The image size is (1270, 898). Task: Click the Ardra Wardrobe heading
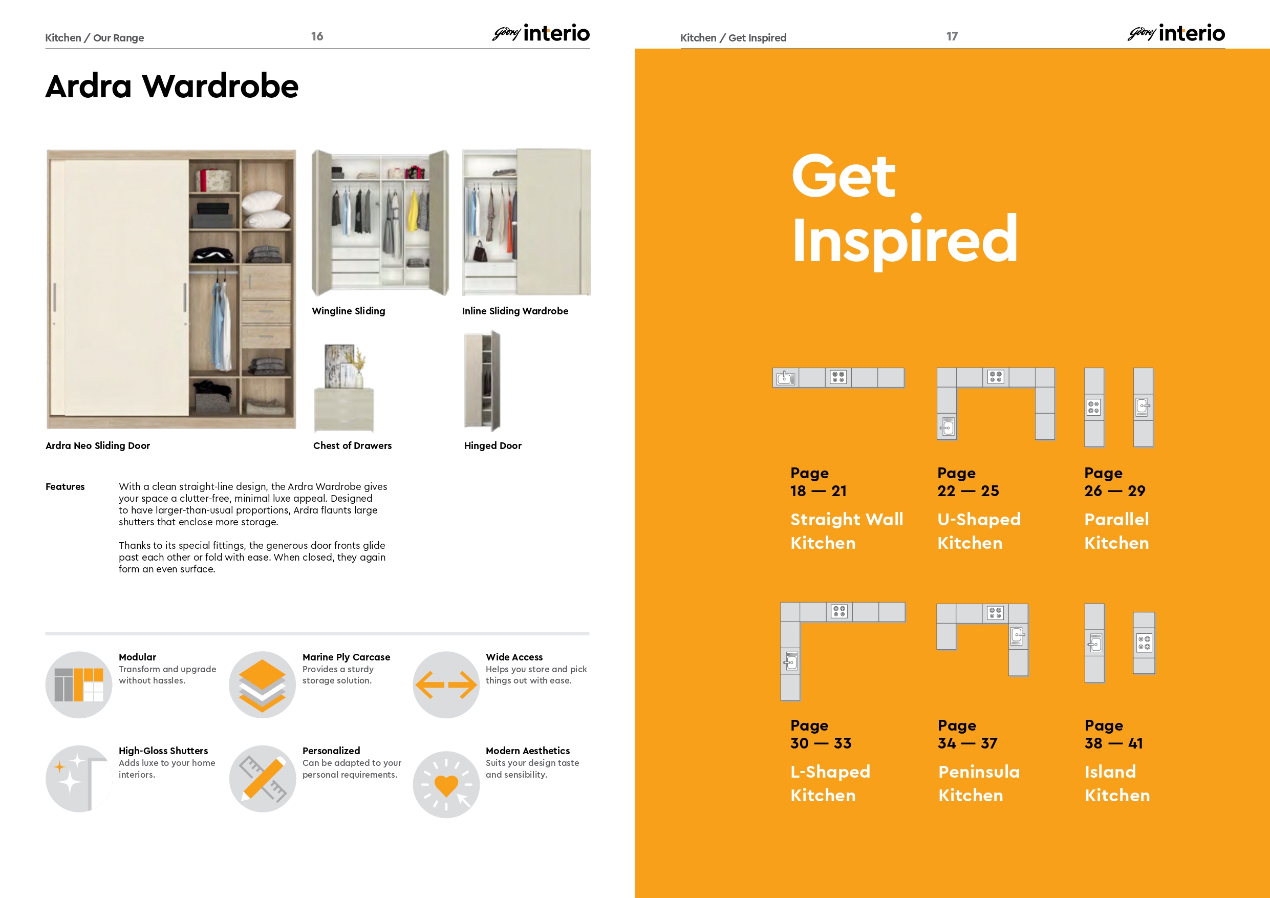(172, 87)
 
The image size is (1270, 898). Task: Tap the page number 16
(317, 36)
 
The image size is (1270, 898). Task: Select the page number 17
(952, 36)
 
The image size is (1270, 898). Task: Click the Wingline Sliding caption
(349, 311)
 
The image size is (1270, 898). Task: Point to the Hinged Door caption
(493, 445)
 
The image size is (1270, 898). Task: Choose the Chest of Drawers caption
(352, 445)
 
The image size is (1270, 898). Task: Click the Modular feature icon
(78, 685)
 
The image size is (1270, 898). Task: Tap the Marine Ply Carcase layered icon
(262, 685)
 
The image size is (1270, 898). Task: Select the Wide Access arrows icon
(446, 685)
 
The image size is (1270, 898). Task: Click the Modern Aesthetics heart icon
(446, 784)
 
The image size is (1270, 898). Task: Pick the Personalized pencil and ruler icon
(262, 779)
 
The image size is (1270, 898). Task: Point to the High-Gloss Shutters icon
(78, 779)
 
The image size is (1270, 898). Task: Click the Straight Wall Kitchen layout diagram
(838, 378)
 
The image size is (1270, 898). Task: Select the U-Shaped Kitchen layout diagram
(996, 377)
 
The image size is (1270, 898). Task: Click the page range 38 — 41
(1113, 743)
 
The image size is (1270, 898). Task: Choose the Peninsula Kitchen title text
(979, 783)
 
